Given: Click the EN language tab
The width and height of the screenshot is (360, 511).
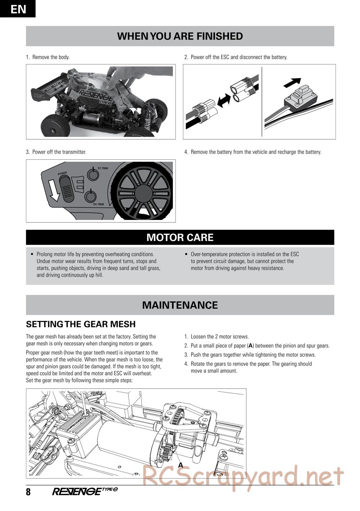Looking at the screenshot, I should tap(18, 9).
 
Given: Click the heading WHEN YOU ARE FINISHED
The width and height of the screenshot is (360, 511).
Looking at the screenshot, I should tap(180, 36).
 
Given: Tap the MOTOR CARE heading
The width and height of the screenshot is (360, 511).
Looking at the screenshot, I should tap(180, 238).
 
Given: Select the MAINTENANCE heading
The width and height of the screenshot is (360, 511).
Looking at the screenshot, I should tap(180, 305).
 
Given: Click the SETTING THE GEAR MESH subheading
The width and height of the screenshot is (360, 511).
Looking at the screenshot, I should tap(81, 324).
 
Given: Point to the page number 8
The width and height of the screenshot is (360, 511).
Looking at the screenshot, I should tap(28, 492).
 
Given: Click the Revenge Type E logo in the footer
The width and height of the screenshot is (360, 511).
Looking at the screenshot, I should tap(85, 491).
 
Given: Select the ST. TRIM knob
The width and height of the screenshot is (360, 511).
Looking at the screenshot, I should tap(93, 175).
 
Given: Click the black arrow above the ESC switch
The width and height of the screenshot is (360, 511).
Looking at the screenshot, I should tap(292, 82).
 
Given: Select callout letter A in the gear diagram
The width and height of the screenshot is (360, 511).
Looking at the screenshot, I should tap(181, 465).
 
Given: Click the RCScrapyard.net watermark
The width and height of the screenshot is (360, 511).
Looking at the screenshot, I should tap(243, 477).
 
